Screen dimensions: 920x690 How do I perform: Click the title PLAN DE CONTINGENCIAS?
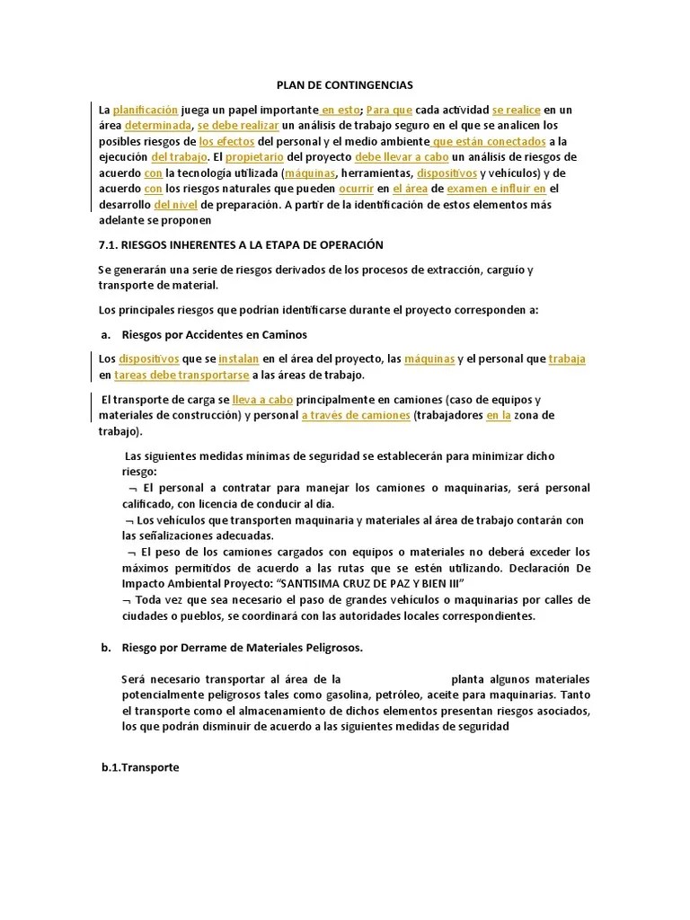(344, 85)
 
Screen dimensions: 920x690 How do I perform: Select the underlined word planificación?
(146, 111)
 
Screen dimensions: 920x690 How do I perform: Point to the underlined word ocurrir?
(357, 189)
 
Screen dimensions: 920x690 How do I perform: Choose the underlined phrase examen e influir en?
(496, 189)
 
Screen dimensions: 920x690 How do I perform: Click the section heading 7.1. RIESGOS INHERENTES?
(240, 244)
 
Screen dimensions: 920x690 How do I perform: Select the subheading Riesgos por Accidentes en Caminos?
(214, 334)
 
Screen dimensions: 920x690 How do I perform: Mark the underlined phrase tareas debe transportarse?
(181, 375)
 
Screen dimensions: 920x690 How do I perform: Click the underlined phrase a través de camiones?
(356, 415)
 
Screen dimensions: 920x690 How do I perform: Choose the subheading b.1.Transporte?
(140, 768)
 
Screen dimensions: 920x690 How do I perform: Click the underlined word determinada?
(157, 126)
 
